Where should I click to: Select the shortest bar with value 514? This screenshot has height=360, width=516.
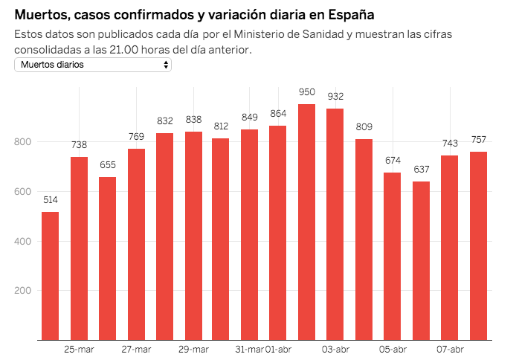coord(50,276)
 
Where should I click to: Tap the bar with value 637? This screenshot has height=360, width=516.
coord(421,260)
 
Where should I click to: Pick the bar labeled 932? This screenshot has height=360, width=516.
coord(335,224)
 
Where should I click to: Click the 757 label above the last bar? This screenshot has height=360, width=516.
coord(478,140)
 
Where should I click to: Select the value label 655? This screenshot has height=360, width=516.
coord(107,165)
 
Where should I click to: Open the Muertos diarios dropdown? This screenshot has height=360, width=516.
coord(93,65)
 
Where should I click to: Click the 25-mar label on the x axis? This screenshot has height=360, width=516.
coord(79,350)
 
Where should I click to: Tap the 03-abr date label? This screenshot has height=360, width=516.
coord(335,350)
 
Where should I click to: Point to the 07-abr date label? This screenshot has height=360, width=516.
coord(449,350)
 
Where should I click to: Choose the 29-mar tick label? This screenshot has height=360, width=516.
coord(193,350)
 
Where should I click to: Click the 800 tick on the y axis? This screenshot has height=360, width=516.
coord(22,141)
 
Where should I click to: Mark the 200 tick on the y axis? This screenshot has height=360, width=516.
coord(22,291)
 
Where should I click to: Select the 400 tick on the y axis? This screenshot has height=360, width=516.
coord(22,241)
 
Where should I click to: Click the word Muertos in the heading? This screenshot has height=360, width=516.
coord(40,14)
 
